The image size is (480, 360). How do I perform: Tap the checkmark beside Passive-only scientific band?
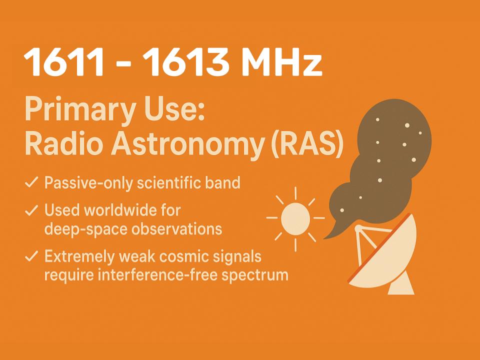(31, 183)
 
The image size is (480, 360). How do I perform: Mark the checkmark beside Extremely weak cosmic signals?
(31, 257)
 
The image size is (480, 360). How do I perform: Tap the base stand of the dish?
(403, 286)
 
